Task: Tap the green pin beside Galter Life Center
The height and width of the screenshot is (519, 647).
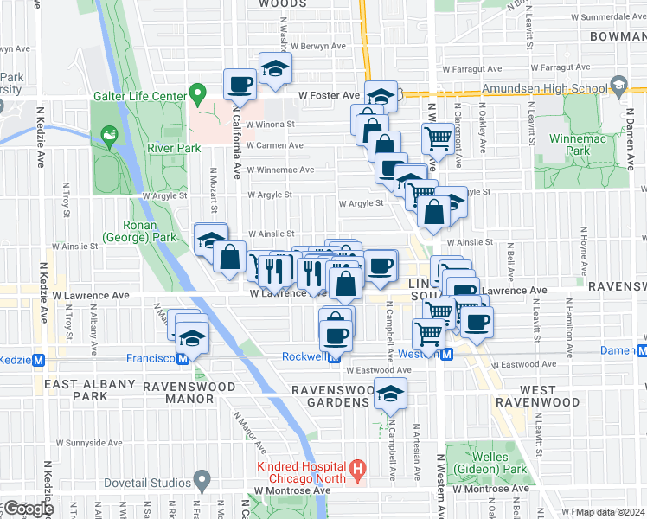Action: pyautogui.click(x=197, y=93)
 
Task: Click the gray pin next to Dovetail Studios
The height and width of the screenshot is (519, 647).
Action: pyautogui.click(x=202, y=480)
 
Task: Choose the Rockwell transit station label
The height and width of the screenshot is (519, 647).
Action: pyautogui.click(x=304, y=356)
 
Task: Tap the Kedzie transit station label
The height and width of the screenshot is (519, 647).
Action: pyautogui.click(x=15, y=360)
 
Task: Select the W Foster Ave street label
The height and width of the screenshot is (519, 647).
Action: pyautogui.click(x=328, y=95)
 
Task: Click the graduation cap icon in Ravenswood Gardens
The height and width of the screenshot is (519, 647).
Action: pyautogui.click(x=390, y=393)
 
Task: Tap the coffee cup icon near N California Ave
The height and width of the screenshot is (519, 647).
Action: pyautogui.click(x=240, y=85)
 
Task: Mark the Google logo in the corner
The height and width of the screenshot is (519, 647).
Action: pyautogui.click(x=28, y=509)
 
